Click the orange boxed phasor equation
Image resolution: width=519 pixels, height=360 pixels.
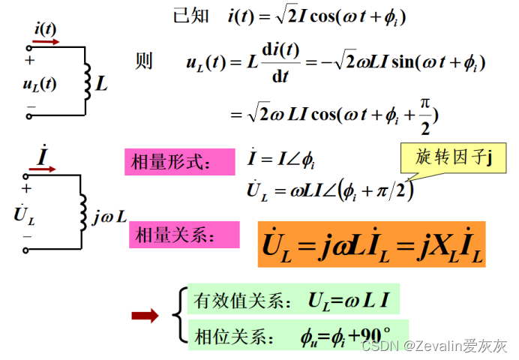[371, 244]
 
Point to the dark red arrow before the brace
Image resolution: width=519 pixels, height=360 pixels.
[144, 315]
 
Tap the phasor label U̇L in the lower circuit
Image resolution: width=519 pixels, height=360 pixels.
[24, 214]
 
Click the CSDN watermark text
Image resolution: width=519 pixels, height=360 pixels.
[433, 346]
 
